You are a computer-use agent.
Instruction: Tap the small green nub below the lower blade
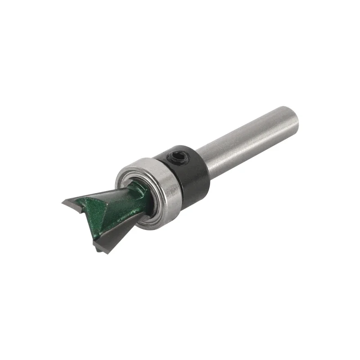95,246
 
